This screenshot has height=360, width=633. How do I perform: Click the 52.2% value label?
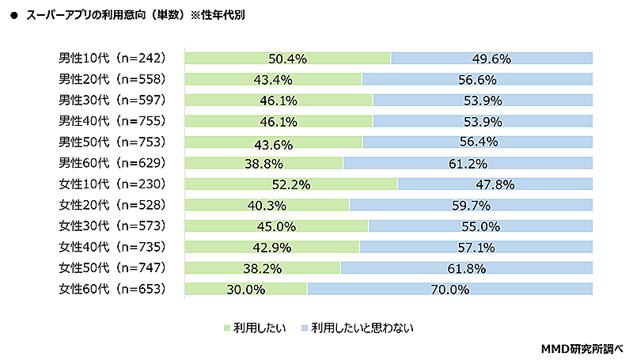point(290,184)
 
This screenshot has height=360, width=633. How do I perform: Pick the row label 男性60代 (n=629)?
point(112,163)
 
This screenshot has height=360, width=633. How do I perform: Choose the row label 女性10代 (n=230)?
point(112,184)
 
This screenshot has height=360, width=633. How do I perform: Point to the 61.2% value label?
point(468,164)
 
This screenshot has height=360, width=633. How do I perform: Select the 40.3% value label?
point(267,206)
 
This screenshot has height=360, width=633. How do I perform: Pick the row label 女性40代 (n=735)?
point(112,247)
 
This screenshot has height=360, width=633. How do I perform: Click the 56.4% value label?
point(478,142)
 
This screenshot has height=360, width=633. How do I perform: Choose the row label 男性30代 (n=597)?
point(112,100)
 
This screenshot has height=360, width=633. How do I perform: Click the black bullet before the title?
point(13,14)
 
